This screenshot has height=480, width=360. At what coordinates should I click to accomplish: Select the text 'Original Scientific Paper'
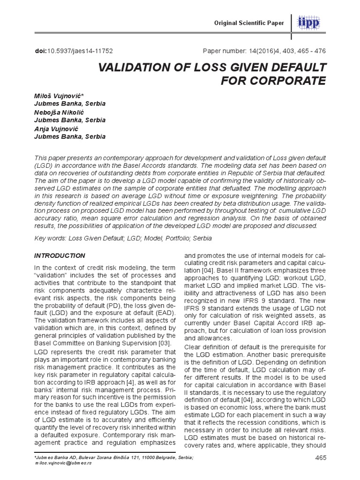click(x=250, y=23)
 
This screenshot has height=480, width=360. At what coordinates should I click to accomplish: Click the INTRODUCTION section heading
click(x=60, y=255)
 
